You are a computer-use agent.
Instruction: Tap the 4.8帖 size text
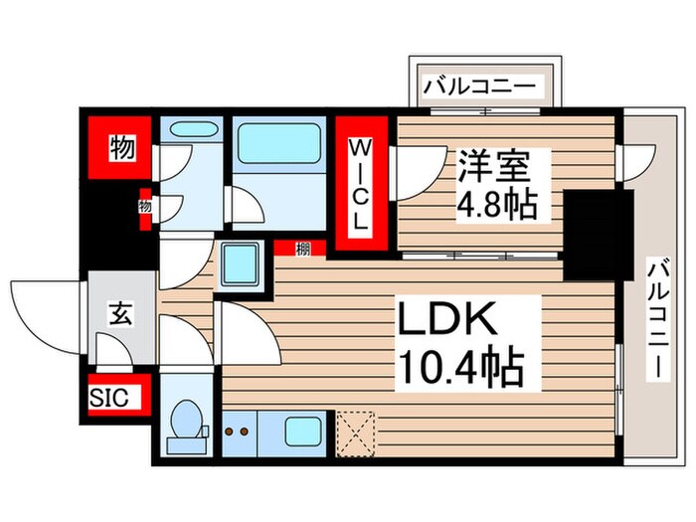pos(497,206)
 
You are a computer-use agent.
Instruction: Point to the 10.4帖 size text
pos(460,370)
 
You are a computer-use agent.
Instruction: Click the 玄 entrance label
pos(120,316)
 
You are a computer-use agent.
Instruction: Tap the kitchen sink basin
pos(302,432)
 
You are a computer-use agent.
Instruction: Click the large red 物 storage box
pos(122,150)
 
